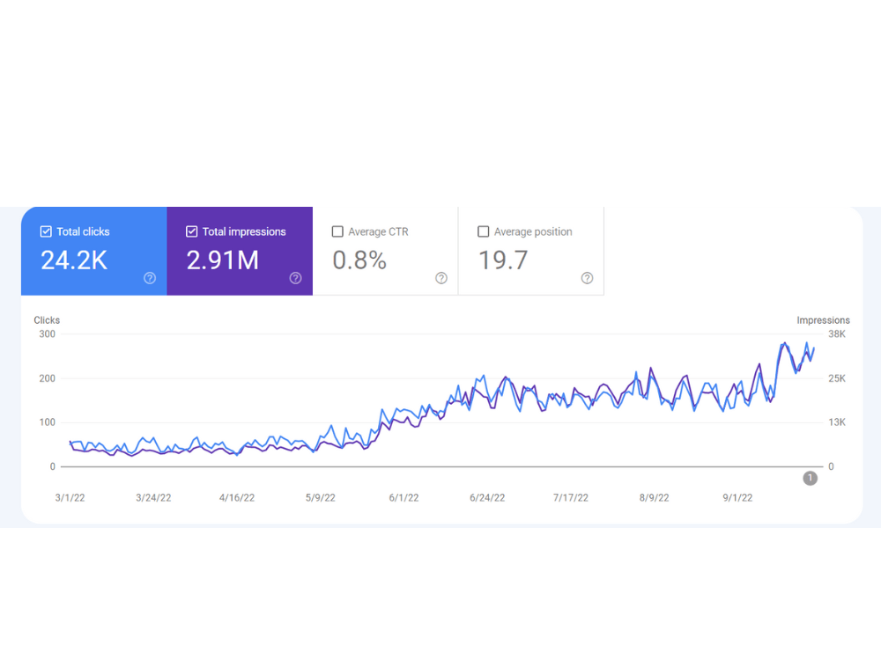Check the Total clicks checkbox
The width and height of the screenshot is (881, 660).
point(46,231)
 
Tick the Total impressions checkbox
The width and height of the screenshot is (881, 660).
point(191,231)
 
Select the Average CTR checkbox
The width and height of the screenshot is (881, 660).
point(337,231)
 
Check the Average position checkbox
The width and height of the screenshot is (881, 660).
point(483,231)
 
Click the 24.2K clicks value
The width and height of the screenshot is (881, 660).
point(74,260)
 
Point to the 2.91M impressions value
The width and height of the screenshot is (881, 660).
point(223,260)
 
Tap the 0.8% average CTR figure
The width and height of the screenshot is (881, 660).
point(359,260)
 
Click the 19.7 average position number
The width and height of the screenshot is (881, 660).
point(503,260)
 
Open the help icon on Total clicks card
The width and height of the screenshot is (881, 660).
point(150,278)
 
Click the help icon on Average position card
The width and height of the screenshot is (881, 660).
point(587,278)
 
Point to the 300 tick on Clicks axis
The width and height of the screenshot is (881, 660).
point(48,334)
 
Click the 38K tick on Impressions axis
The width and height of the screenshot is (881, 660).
point(837,334)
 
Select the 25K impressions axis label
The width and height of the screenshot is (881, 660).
point(837,378)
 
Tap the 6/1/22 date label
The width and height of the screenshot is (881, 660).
point(404,498)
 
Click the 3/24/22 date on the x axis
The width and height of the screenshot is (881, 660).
point(153,498)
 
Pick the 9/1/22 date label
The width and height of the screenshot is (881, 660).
point(737,498)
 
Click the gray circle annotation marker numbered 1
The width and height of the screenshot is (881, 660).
point(811,478)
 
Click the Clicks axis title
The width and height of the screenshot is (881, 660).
point(47,320)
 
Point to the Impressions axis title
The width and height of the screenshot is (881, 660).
point(823,320)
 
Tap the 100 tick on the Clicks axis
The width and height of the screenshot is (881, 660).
point(48,422)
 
